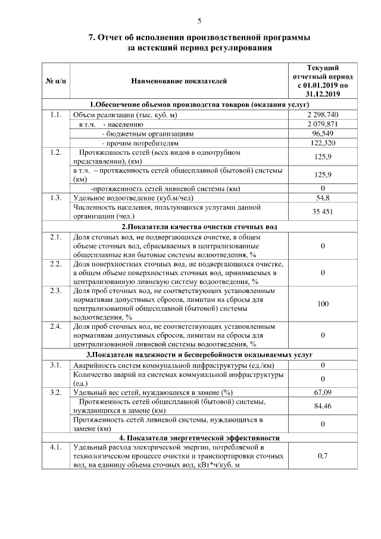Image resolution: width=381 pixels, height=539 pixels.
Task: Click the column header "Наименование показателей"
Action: [179, 80]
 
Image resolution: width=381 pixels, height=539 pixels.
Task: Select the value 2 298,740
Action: [323, 114]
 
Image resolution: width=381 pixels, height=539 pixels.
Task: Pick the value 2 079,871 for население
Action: [323, 124]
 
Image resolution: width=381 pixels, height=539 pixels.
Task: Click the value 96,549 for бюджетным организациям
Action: [323, 133]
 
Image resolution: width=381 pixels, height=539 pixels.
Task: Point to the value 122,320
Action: [323, 143]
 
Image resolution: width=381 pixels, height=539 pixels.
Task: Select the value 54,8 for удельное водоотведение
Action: [323, 197]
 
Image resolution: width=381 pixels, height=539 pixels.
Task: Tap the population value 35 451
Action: [323, 211]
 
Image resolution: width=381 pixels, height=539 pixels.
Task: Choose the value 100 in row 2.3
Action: [323, 304]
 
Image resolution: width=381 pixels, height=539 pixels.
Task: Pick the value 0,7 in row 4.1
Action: [323, 456]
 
